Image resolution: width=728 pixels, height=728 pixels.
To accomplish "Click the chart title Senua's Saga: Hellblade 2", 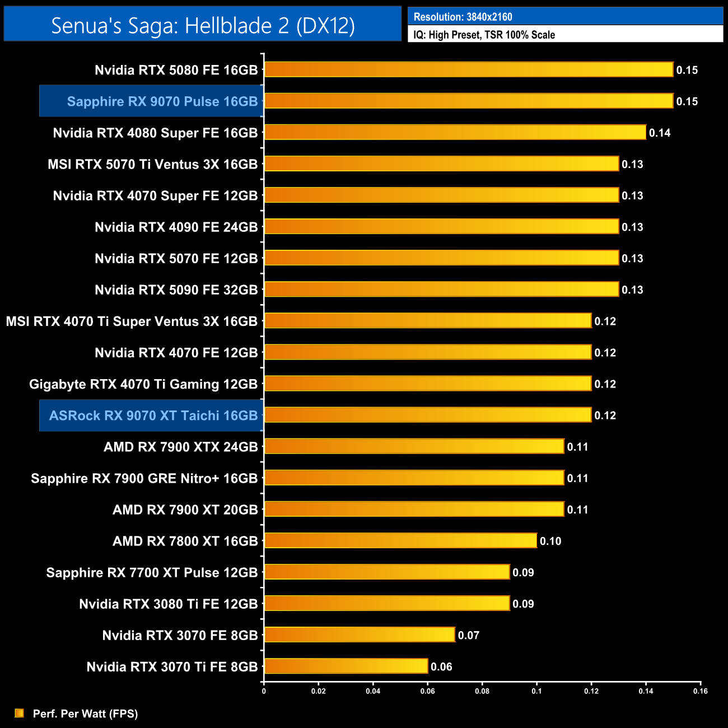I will click(x=203, y=25).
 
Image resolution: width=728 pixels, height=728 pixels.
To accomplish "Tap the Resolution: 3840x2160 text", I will click(x=463, y=17).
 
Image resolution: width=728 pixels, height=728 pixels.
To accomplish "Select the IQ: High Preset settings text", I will click(x=484, y=35).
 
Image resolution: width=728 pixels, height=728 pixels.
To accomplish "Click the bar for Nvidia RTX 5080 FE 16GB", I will click(x=468, y=69).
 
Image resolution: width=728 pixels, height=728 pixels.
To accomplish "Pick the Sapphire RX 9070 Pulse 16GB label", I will click(x=162, y=101).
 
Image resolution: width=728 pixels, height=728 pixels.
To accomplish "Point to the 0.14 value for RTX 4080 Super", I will click(x=660, y=133).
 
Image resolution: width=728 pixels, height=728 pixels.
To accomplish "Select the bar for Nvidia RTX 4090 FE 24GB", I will click(x=441, y=226).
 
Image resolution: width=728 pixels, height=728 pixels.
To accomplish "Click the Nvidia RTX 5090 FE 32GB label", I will click(x=176, y=290).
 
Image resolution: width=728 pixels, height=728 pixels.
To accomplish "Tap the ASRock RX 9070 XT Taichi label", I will click(x=153, y=416).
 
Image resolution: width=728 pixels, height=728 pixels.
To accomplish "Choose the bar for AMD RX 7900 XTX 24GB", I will click(x=414, y=446).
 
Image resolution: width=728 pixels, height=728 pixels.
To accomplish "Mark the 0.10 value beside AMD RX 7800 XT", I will click(x=550, y=541).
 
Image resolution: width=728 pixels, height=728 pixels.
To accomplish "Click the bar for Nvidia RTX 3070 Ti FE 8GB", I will click(x=346, y=666).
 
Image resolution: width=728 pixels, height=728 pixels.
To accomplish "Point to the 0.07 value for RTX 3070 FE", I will click(x=469, y=635).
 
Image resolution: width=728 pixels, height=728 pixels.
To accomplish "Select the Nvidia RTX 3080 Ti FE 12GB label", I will click(x=168, y=604).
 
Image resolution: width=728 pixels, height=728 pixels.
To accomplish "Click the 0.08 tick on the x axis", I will click(x=482, y=691).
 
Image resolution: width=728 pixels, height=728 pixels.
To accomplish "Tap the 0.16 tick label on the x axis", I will click(x=701, y=691).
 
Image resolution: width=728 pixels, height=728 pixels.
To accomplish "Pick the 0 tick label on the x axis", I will click(x=264, y=691).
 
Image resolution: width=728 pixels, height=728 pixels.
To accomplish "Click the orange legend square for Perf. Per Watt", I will click(x=20, y=713).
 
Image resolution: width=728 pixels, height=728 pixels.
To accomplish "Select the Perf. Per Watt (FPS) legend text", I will click(x=85, y=713).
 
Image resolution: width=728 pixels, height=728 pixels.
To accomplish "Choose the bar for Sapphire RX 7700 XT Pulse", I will click(x=386, y=572).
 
